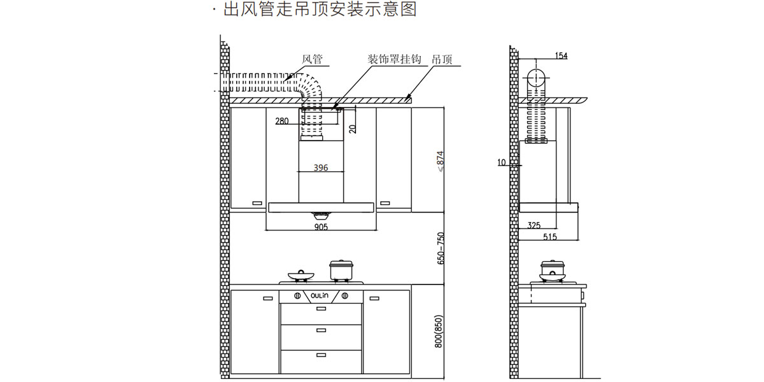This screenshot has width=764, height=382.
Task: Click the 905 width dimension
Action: (321, 227)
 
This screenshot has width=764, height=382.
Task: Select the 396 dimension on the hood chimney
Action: (321, 168)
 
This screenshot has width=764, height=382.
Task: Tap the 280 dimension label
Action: (282, 121)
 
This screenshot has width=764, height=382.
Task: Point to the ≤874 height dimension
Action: (440, 162)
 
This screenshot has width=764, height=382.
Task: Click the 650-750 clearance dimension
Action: (440, 249)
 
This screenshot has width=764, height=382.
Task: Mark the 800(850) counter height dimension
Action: (437, 332)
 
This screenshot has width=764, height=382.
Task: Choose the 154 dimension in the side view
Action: (560, 56)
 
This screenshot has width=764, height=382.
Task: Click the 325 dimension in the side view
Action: (534, 225)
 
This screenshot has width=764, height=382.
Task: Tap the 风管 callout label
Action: (312, 60)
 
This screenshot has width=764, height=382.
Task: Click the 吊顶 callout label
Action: (442, 60)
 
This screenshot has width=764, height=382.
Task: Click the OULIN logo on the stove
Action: (320, 295)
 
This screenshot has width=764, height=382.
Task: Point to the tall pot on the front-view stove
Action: (341, 270)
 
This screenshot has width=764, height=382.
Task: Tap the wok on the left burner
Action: (301, 276)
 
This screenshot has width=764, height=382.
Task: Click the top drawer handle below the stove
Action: (321, 310)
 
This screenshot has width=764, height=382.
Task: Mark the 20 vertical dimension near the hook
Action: (353, 128)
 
